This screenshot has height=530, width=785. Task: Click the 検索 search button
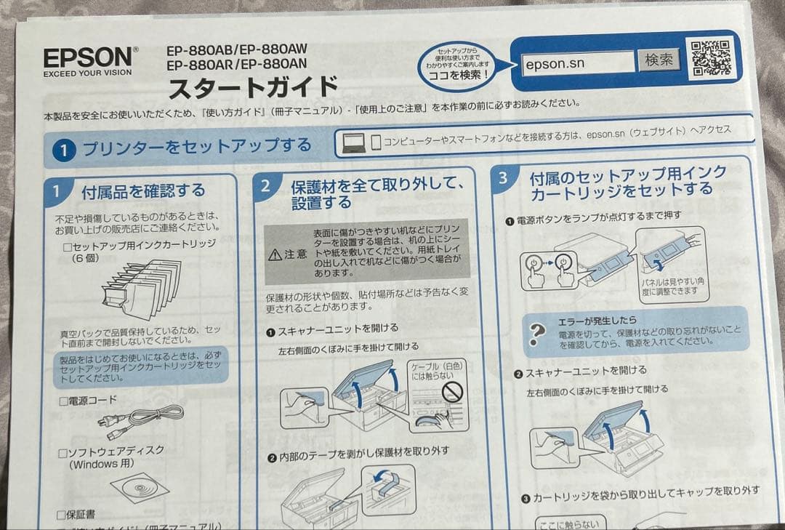click(659, 60)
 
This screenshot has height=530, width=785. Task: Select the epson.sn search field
click(578, 63)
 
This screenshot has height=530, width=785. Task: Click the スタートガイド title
click(253, 88)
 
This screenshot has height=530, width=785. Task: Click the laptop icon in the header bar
click(354, 141)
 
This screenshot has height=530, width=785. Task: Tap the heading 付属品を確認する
click(143, 192)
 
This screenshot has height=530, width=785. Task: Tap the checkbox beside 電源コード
click(63, 401)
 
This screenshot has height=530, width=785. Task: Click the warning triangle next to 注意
click(274, 255)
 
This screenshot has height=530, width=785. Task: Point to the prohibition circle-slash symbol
click(454, 393)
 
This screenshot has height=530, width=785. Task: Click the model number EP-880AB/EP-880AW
click(236, 50)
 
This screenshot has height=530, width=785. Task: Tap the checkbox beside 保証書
click(63, 514)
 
